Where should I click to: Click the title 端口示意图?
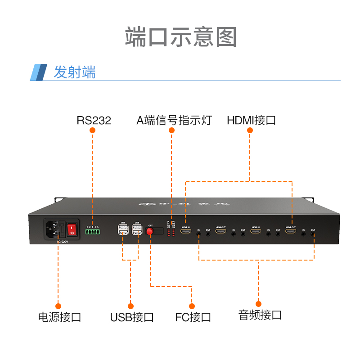[x=180, y=37]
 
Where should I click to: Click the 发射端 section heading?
[x=75, y=72]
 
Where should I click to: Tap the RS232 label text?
[x=94, y=120]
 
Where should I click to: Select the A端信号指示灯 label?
[x=174, y=120]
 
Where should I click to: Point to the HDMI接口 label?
[x=251, y=120]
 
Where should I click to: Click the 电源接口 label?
[x=60, y=317]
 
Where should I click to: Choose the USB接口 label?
[x=132, y=317]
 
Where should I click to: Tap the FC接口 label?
[x=193, y=317]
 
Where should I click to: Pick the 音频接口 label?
[x=260, y=315]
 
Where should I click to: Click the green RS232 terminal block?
[x=93, y=232]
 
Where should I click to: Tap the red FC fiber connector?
[x=150, y=231]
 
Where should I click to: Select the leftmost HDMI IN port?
[x=185, y=231]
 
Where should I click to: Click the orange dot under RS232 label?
[x=93, y=130]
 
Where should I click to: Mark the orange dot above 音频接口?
[x=258, y=304]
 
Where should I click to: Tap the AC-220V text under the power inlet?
[x=62, y=243]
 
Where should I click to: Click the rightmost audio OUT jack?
[x=313, y=234]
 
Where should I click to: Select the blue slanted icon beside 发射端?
[x=39, y=72]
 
